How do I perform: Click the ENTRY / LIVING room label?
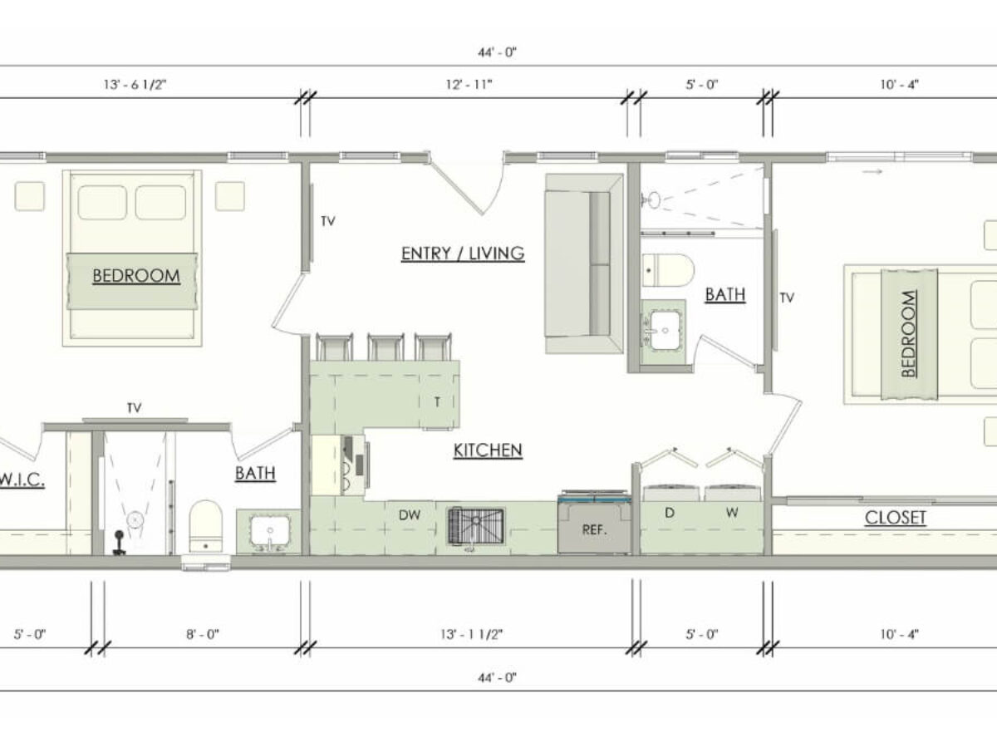click(463, 253)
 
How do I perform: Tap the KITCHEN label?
click(488, 450)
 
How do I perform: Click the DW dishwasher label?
click(410, 515)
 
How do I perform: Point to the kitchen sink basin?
click(476, 526)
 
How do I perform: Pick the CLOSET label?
click(895, 518)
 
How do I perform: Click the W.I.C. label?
click(22, 480)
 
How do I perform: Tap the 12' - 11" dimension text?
click(469, 85)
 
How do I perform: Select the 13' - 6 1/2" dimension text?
click(135, 85)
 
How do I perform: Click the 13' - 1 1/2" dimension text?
click(471, 634)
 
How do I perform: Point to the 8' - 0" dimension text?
click(203, 634)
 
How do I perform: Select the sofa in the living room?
click(585, 263)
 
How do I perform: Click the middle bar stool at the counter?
click(386, 347)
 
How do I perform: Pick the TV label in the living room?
click(328, 221)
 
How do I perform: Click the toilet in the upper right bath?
click(668, 270)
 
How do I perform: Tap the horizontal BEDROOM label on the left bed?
click(136, 276)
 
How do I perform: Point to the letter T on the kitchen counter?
click(437, 402)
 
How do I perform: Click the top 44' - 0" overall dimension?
click(498, 52)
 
